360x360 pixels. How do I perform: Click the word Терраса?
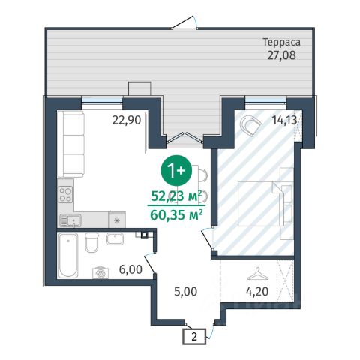click(x=281, y=43)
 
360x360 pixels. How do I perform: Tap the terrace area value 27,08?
click(x=282, y=55)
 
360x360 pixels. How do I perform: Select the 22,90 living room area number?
click(x=127, y=120)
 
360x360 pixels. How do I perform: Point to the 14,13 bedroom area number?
click(x=285, y=120)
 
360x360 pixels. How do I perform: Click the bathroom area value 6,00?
click(x=130, y=269)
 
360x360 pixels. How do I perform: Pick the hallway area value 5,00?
click(x=186, y=292)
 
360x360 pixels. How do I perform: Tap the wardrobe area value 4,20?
click(x=257, y=292)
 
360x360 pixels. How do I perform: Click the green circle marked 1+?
click(x=176, y=170)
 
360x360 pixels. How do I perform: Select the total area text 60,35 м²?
click(x=176, y=214)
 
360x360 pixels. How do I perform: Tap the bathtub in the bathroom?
click(x=68, y=255)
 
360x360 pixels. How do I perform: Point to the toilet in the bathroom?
click(x=91, y=242)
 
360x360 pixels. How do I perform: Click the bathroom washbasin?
click(x=115, y=238)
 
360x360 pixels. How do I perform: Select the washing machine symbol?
click(x=100, y=272)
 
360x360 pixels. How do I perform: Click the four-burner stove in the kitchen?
click(x=65, y=195)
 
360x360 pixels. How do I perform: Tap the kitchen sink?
click(x=70, y=220)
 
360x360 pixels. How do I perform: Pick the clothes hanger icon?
click(x=257, y=274)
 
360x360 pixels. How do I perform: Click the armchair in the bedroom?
click(x=250, y=126)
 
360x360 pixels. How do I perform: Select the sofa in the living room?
click(x=70, y=144)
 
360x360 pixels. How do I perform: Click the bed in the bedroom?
click(x=265, y=204)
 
